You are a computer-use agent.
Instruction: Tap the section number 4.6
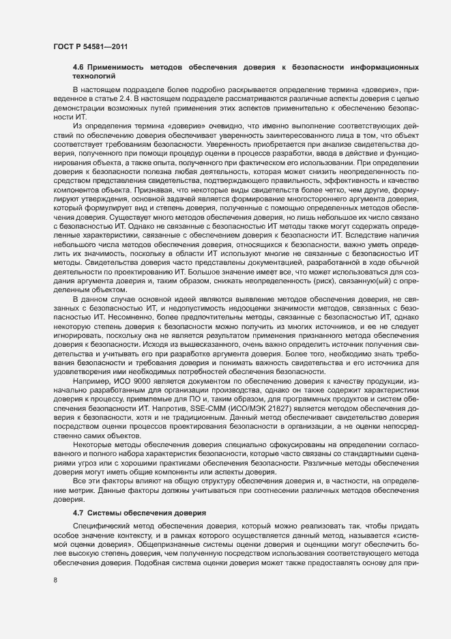78,69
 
